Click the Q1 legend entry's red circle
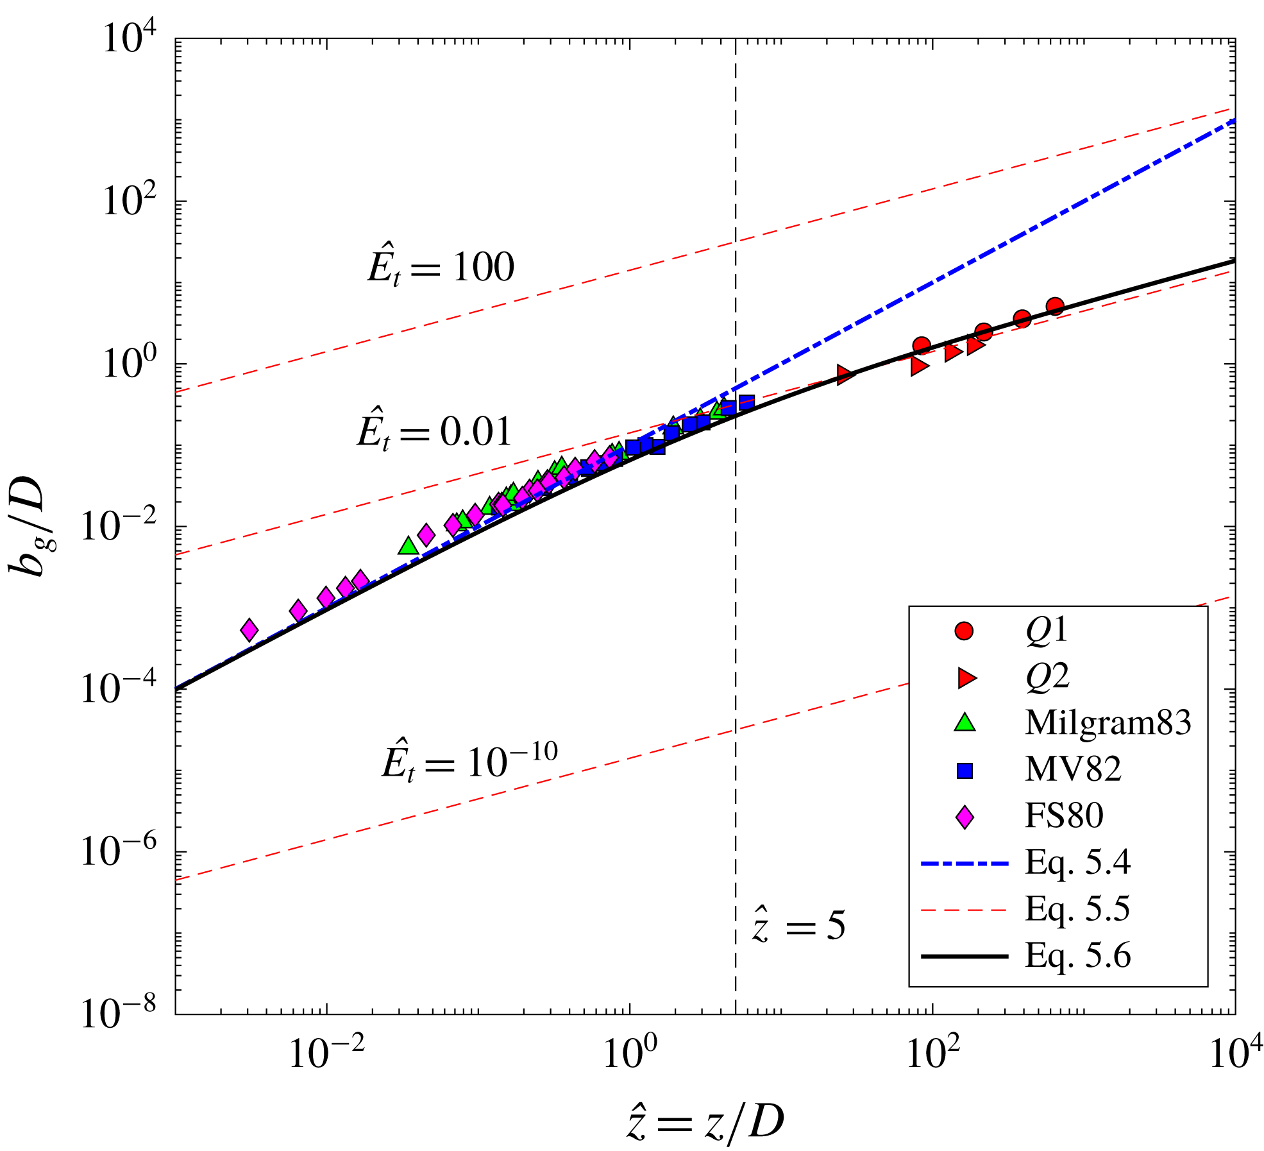point(964,631)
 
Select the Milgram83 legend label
point(1108,722)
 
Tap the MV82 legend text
point(1073,769)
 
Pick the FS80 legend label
point(1064,815)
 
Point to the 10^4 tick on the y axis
point(131,40)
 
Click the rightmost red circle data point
point(1055,306)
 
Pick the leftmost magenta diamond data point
point(249,630)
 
